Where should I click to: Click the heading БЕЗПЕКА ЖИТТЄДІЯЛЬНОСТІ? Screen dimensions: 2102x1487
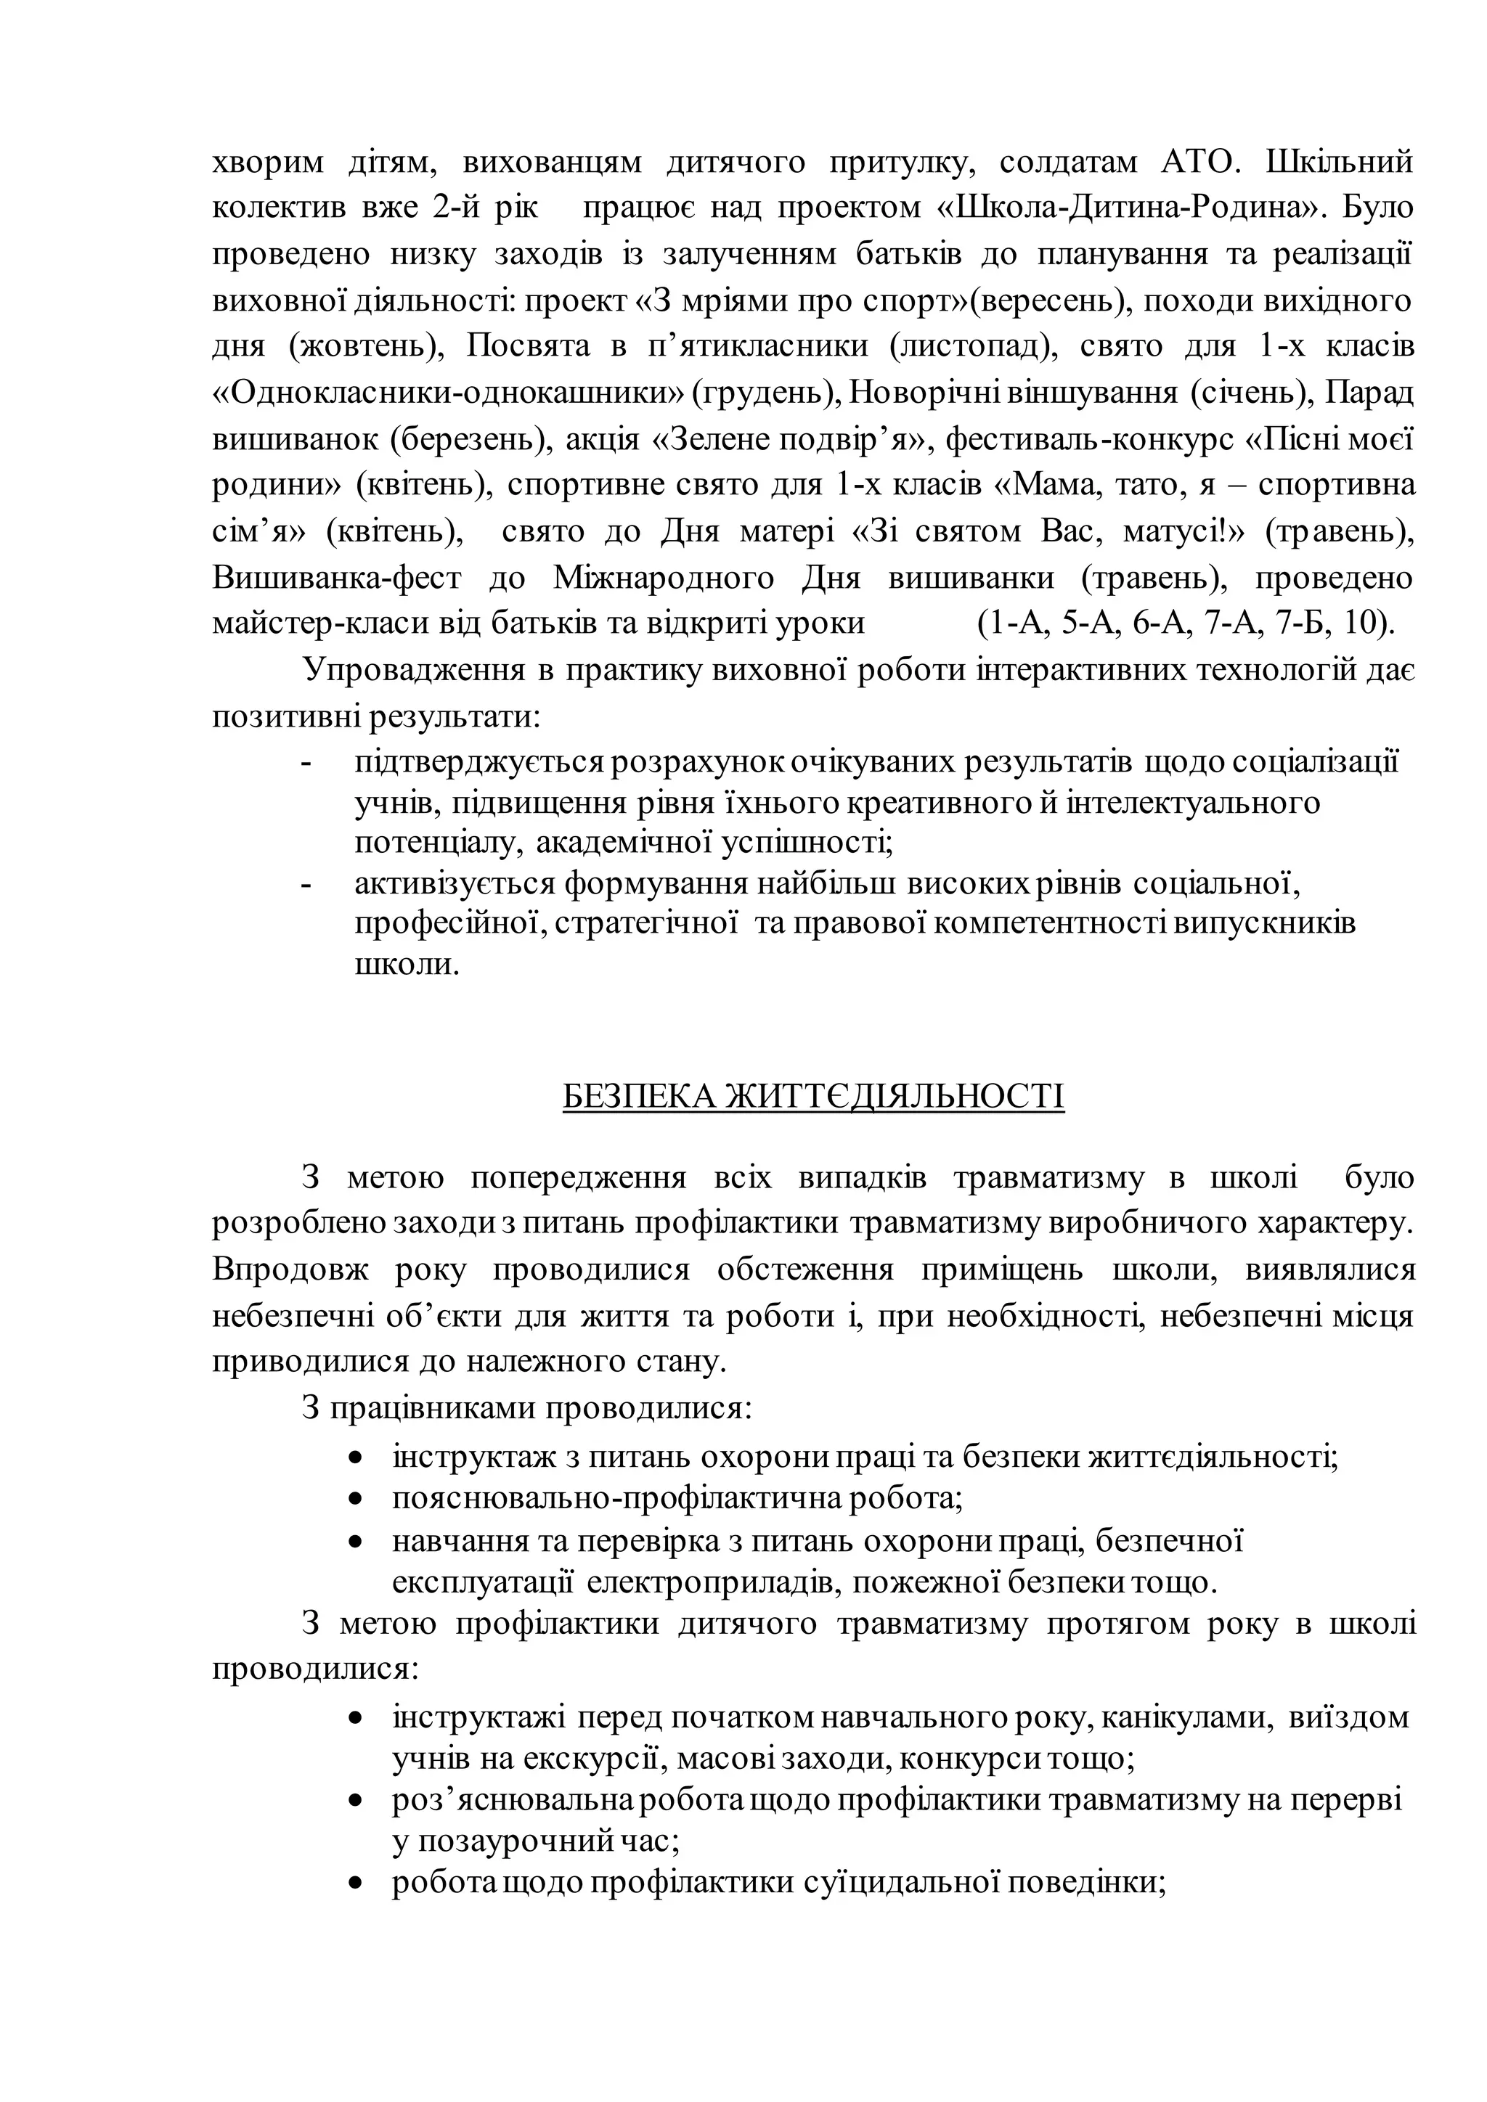(x=813, y=1096)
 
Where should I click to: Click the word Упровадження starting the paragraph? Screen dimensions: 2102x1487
(x=414, y=669)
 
